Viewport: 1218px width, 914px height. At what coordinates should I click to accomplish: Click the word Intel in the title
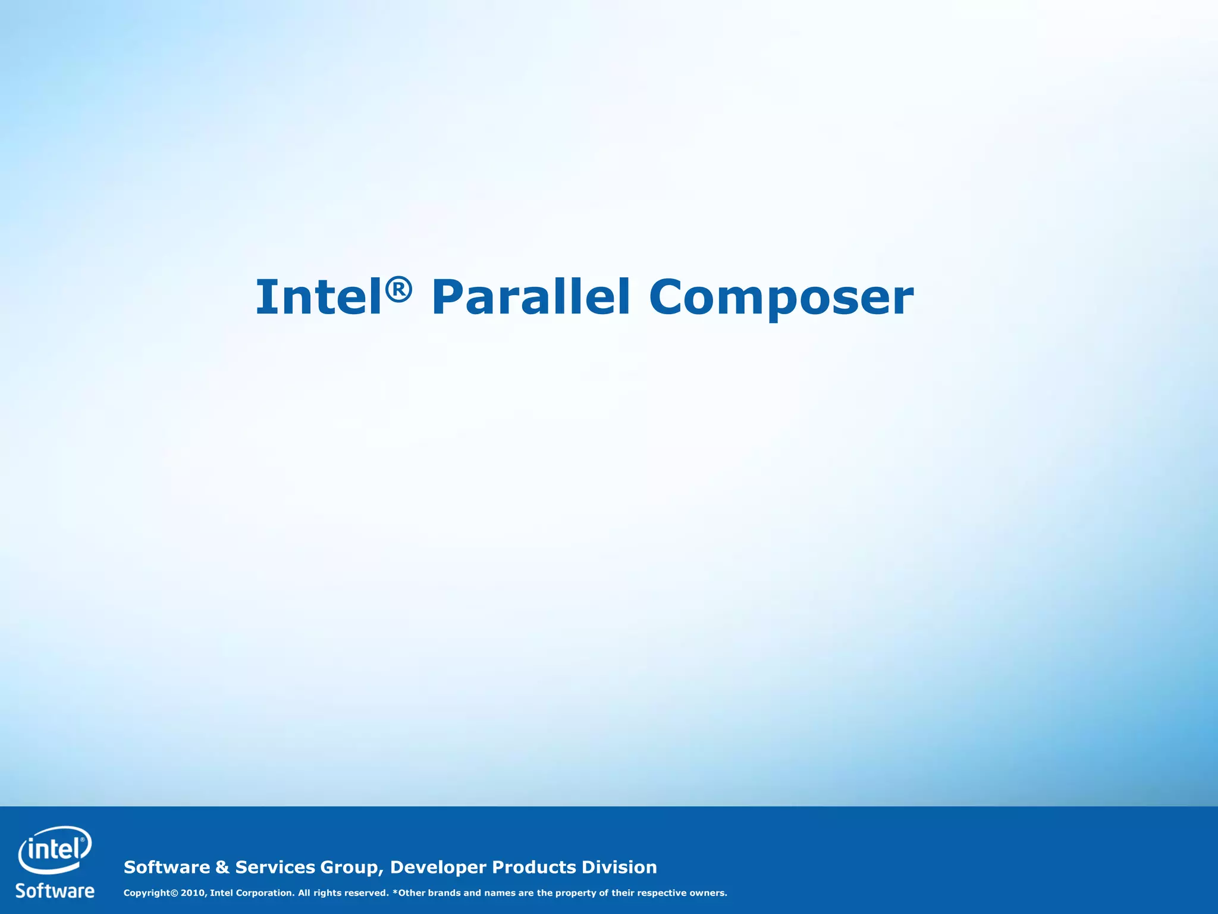pyautogui.click(x=318, y=297)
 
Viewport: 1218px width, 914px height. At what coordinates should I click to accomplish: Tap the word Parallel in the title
pyautogui.click(x=530, y=297)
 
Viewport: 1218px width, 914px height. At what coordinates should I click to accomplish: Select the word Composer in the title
pyautogui.click(x=781, y=298)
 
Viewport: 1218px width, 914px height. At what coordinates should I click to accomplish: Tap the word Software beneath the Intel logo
pyautogui.click(x=55, y=891)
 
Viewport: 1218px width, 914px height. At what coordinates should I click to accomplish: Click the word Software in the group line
pyautogui.click(x=167, y=867)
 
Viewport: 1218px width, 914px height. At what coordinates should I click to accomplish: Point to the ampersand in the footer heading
pyautogui.click(x=222, y=867)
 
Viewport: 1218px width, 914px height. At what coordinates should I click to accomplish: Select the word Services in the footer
pyautogui.click(x=275, y=867)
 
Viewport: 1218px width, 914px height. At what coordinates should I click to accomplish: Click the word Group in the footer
pyautogui.click(x=351, y=868)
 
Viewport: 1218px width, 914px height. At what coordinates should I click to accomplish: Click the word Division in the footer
pyautogui.click(x=619, y=867)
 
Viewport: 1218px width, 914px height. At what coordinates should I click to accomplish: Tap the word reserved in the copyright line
pyautogui.click(x=365, y=893)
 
